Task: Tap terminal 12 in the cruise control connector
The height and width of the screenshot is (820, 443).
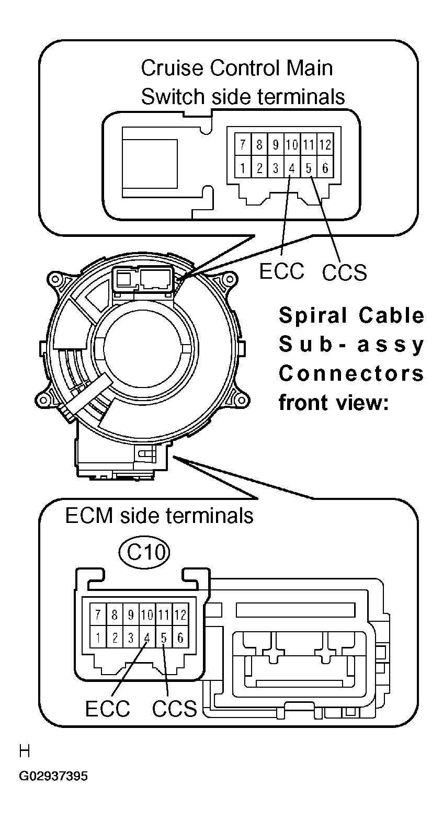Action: pos(325,144)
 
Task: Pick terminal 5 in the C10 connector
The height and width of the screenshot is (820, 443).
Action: pos(164,638)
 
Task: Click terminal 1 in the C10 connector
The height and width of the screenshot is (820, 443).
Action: pos(98,638)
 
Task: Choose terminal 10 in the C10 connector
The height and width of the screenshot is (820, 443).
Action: pos(147,614)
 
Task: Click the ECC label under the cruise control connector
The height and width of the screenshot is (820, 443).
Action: pos(281,271)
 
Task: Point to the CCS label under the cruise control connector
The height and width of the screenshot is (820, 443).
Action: pos(345,272)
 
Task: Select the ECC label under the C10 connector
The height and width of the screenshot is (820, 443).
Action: pos(108,709)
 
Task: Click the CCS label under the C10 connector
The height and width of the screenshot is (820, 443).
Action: pos(175,709)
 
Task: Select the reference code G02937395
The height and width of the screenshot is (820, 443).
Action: pos(53,776)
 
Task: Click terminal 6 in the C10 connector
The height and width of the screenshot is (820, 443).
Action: pos(180,638)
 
